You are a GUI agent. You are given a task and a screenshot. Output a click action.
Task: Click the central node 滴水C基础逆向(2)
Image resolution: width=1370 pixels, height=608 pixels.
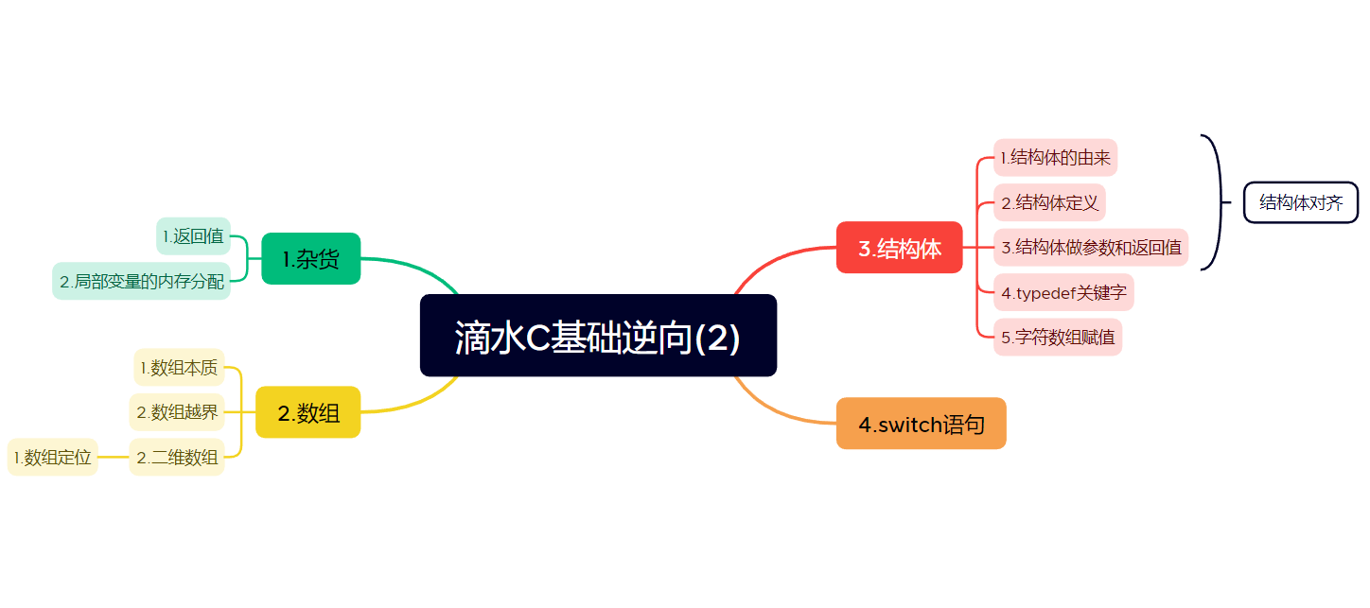[x=598, y=336]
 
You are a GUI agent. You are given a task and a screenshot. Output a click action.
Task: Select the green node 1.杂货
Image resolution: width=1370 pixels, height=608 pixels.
[x=310, y=258]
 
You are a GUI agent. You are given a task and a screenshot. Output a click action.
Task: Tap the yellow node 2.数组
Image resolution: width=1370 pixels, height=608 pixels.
[x=308, y=412]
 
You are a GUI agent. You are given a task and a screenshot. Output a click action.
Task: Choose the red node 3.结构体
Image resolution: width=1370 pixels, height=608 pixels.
[x=899, y=248]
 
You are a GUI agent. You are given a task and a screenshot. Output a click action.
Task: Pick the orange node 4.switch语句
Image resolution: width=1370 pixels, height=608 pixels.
[x=921, y=424]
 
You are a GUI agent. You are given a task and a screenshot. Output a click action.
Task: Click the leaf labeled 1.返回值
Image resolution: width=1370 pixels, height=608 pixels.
[x=193, y=235]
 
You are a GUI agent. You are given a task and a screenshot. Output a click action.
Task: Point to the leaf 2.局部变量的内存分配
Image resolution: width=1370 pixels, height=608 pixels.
[x=141, y=281]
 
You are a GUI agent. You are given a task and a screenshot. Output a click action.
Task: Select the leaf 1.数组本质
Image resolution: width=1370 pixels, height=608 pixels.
[x=179, y=367]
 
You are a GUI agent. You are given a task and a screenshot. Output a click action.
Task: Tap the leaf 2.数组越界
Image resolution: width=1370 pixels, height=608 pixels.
[x=177, y=412]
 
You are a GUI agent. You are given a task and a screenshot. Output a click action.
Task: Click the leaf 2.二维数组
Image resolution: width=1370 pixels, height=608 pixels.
[x=177, y=458]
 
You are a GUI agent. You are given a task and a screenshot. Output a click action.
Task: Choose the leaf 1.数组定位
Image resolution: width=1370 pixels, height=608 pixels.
[x=53, y=458]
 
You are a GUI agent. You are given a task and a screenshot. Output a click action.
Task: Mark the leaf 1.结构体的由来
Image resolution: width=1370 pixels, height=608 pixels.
[x=1055, y=157]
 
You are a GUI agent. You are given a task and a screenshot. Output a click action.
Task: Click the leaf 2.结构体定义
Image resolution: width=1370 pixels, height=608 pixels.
[x=1049, y=202]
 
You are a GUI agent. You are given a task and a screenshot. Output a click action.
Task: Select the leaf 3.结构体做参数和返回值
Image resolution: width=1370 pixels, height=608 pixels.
[x=1091, y=248]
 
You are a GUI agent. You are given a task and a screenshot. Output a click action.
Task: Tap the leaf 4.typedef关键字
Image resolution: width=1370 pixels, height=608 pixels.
[x=1063, y=293]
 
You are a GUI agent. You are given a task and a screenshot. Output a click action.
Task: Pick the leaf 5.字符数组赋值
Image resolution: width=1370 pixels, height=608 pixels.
[x=1058, y=337]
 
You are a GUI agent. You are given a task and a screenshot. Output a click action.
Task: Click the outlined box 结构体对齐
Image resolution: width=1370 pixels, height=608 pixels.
[x=1301, y=202]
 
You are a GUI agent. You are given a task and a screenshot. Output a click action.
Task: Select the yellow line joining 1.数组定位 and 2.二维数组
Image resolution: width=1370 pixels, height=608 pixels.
[x=114, y=458]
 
